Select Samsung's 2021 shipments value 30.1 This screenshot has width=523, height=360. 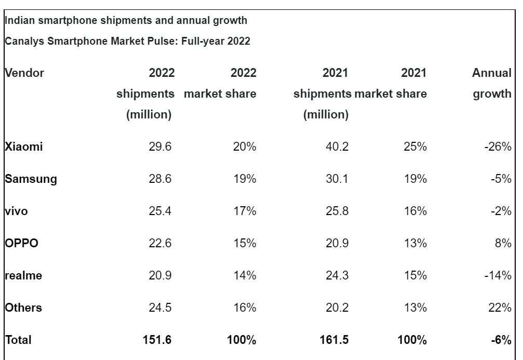coord(338,179)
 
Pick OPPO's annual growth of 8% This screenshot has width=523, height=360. coord(503,244)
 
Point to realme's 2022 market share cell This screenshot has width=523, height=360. coord(244,276)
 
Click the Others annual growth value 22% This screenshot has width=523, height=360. coord(500,308)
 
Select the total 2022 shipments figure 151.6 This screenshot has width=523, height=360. coord(157,340)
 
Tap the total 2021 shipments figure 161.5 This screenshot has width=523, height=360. coord(334,340)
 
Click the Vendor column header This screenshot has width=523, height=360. coord(24,73)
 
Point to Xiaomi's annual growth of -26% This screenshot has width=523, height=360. coord(498,147)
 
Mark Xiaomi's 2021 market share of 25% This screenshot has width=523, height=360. coord(415,147)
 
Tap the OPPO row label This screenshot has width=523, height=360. coord(22,244)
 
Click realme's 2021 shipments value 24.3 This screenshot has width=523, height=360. coord(338,276)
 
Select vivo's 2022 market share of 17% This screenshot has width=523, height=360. coord(244,211)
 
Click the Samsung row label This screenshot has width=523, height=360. coord(31,179)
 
